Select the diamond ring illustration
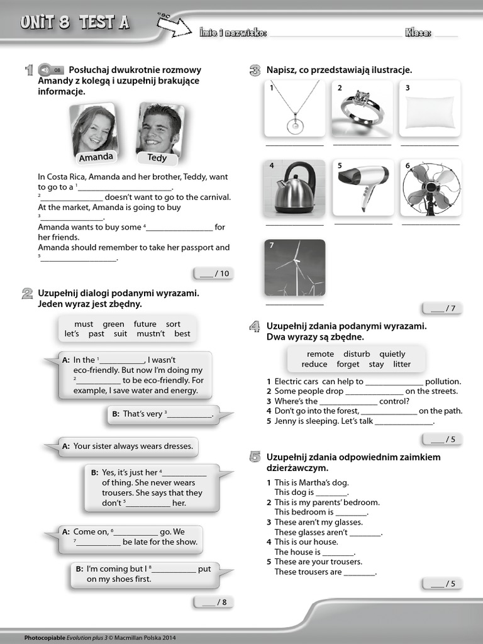point(362,108)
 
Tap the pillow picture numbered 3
point(430,108)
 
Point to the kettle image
point(294,187)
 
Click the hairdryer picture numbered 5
point(363,187)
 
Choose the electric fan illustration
point(431,187)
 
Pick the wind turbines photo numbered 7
point(294,267)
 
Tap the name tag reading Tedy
point(157,158)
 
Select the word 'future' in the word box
point(145,324)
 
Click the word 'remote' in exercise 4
point(320,354)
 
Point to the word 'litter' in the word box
point(401,364)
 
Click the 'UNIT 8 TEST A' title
point(74,23)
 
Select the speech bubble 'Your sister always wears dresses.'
point(128,447)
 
